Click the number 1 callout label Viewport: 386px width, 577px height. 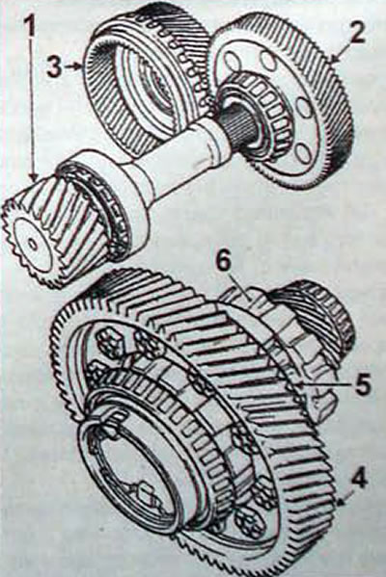pos(31,23)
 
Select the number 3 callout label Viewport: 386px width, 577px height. pos(55,66)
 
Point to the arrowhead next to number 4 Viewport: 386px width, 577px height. pos(342,501)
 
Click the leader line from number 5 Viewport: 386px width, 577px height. pos(324,384)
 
